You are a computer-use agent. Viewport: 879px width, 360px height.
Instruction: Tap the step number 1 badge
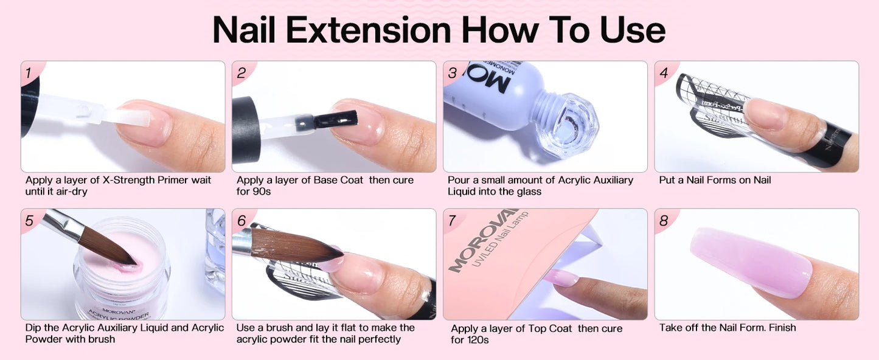pos(28,73)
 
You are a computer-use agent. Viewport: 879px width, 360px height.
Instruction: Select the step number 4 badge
pos(664,73)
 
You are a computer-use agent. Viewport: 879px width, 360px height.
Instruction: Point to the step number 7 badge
pos(452,221)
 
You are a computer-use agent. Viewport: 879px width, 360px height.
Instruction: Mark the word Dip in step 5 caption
pos(33,328)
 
